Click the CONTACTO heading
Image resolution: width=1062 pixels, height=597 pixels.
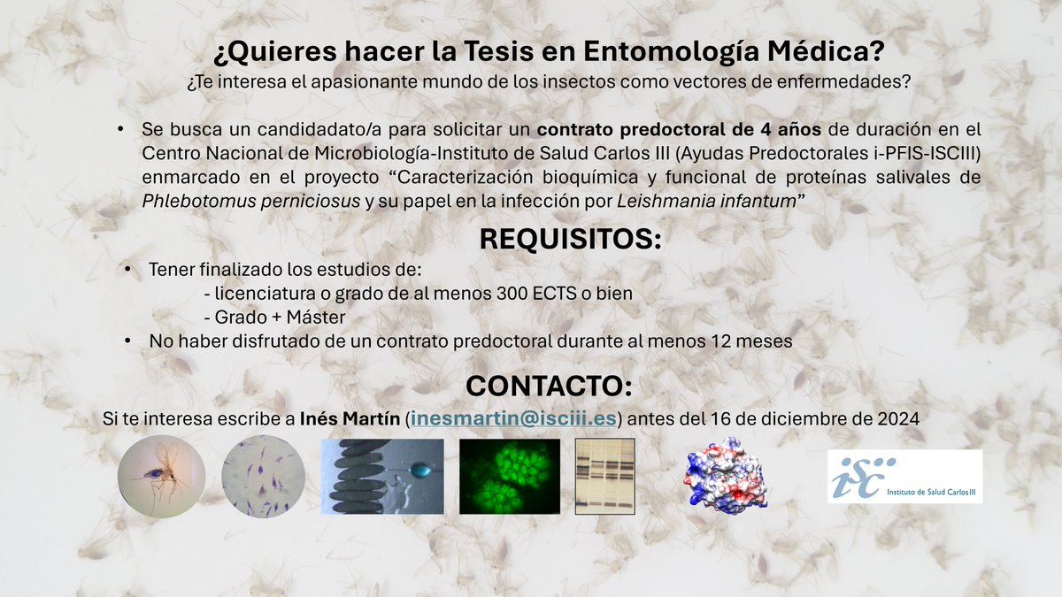tap(549, 387)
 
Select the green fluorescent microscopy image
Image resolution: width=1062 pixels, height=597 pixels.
tap(507, 477)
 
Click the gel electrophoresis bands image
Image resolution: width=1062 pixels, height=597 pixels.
tap(605, 474)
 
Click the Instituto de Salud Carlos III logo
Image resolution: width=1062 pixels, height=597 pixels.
tap(904, 477)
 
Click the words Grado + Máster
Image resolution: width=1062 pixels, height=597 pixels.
tap(274, 317)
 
